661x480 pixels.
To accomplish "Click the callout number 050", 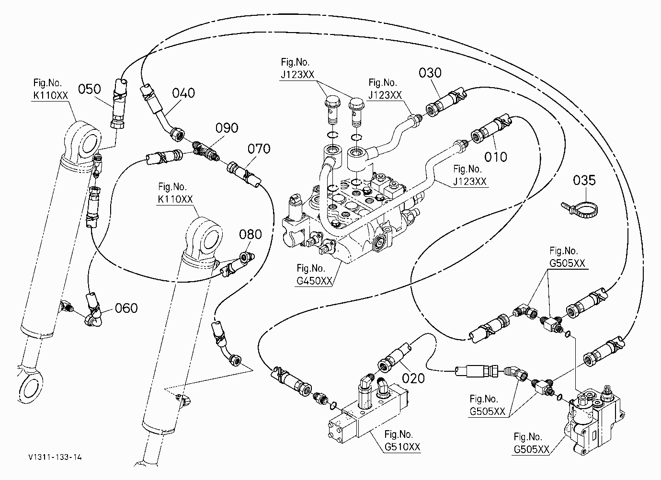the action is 89,89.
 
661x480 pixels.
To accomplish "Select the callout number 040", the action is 183,93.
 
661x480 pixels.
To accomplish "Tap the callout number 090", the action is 227,128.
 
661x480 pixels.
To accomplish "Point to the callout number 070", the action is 259,149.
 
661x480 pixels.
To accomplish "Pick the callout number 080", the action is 250,234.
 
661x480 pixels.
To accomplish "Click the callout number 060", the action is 126,308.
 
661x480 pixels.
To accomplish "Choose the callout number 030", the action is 430,73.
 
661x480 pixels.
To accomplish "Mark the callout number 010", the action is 496,157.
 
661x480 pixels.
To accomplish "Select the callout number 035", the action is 584,181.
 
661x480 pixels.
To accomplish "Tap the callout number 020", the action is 413,378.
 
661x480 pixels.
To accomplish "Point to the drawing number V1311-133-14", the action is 55,457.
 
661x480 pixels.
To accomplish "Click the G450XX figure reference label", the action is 314,274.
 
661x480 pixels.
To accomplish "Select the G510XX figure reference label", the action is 402,441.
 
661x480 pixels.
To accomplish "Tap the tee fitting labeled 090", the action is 206,150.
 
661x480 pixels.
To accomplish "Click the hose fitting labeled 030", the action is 445,102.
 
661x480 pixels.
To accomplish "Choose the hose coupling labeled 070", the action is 244,174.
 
